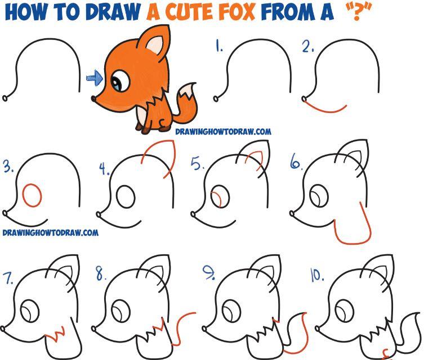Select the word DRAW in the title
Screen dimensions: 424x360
pos(114,12)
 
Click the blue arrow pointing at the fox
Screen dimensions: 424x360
pos(95,78)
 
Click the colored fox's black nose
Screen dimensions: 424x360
pos(93,98)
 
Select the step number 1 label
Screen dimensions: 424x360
pos(219,46)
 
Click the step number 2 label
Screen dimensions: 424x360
pos(308,47)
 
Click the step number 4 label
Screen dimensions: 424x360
pos(104,169)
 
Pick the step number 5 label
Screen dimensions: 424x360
pos(198,164)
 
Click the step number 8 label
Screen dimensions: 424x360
pos(101,273)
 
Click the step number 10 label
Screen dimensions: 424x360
pos(317,275)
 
